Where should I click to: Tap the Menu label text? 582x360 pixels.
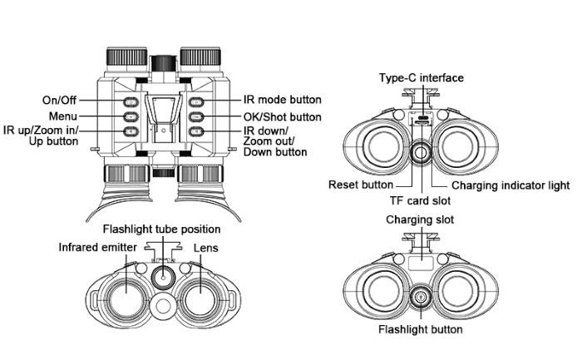[63, 116]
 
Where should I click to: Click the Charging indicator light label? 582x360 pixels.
[510, 185]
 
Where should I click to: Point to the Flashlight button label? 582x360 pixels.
[421, 330]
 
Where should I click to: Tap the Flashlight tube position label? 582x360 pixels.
[161, 229]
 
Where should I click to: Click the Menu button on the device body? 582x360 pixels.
[130, 116]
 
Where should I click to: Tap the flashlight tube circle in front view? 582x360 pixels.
[163, 276]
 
